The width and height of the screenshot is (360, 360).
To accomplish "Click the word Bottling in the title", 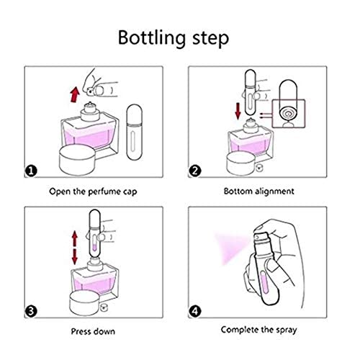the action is pyautogui.click(x=151, y=38).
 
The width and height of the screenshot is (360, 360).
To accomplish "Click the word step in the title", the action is pyautogui.click(x=211, y=40).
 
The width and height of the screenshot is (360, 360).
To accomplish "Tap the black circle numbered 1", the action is pyautogui.click(x=31, y=171).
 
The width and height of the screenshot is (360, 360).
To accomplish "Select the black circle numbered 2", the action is pyautogui.click(x=195, y=171).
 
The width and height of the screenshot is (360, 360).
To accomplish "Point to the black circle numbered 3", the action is pyautogui.click(x=31, y=311).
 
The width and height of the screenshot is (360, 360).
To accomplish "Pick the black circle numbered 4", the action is pyautogui.click(x=195, y=311).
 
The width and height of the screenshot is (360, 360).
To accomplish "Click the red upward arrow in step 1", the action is pyautogui.click(x=75, y=95).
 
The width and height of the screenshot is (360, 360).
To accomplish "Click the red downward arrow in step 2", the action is pyautogui.click(x=238, y=111).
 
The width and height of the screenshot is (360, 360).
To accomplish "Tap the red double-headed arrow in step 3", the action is pyautogui.click(x=75, y=248).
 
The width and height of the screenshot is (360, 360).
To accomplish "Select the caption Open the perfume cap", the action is pyautogui.click(x=93, y=192).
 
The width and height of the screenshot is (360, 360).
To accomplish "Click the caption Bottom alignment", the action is pyautogui.click(x=258, y=192).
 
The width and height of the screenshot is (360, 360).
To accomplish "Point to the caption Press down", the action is pyautogui.click(x=93, y=332).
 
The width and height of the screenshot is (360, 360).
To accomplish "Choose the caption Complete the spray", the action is pyautogui.click(x=258, y=330).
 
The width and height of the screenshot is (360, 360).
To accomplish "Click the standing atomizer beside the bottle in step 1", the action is pyautogui.click(x=135, y=132).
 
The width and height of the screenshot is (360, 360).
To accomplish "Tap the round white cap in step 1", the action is pyautogui.click(x=77, y=160).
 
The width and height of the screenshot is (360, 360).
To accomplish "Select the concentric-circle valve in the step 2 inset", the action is pyautogui.click(x=288, y=114).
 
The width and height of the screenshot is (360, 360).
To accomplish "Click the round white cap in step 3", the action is pyautogui.click(x=84, y=303).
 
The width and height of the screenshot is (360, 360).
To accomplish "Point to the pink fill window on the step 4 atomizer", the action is pyautogui.click(x=265, y=282).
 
